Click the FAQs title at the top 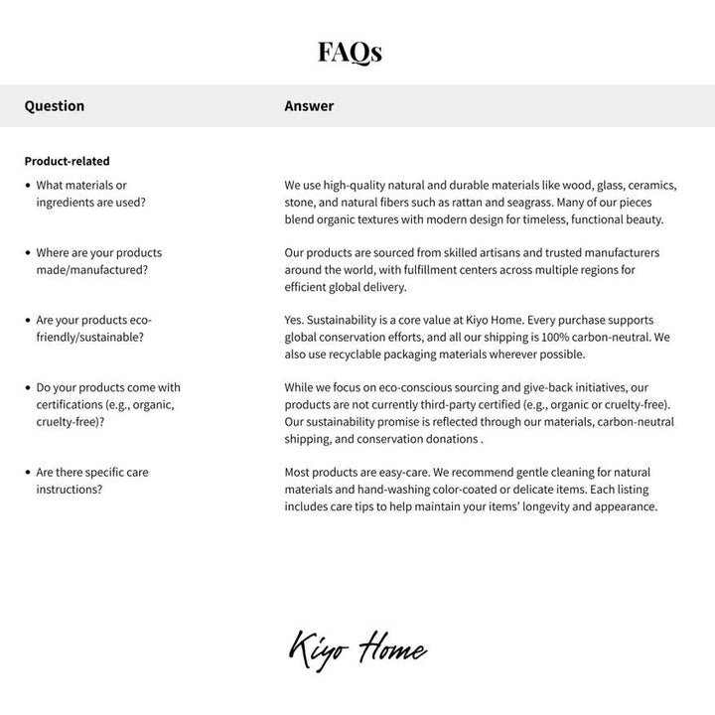(x=350, y=52)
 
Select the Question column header (x=55, y=106)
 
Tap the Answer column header (x=309, y=106)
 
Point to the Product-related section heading (x=68, y=161)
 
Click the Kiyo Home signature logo (x=357, y=650)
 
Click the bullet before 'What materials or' (x=28, y=186)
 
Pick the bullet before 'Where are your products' (x=28, y=253)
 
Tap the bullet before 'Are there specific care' (x=28, y=473)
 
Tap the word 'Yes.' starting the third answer (x=294, y=321)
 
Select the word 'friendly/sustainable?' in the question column (x=89, y=338)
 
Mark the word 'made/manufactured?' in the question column (x=91, y=270)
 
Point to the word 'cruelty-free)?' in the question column (x=73, y=422)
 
